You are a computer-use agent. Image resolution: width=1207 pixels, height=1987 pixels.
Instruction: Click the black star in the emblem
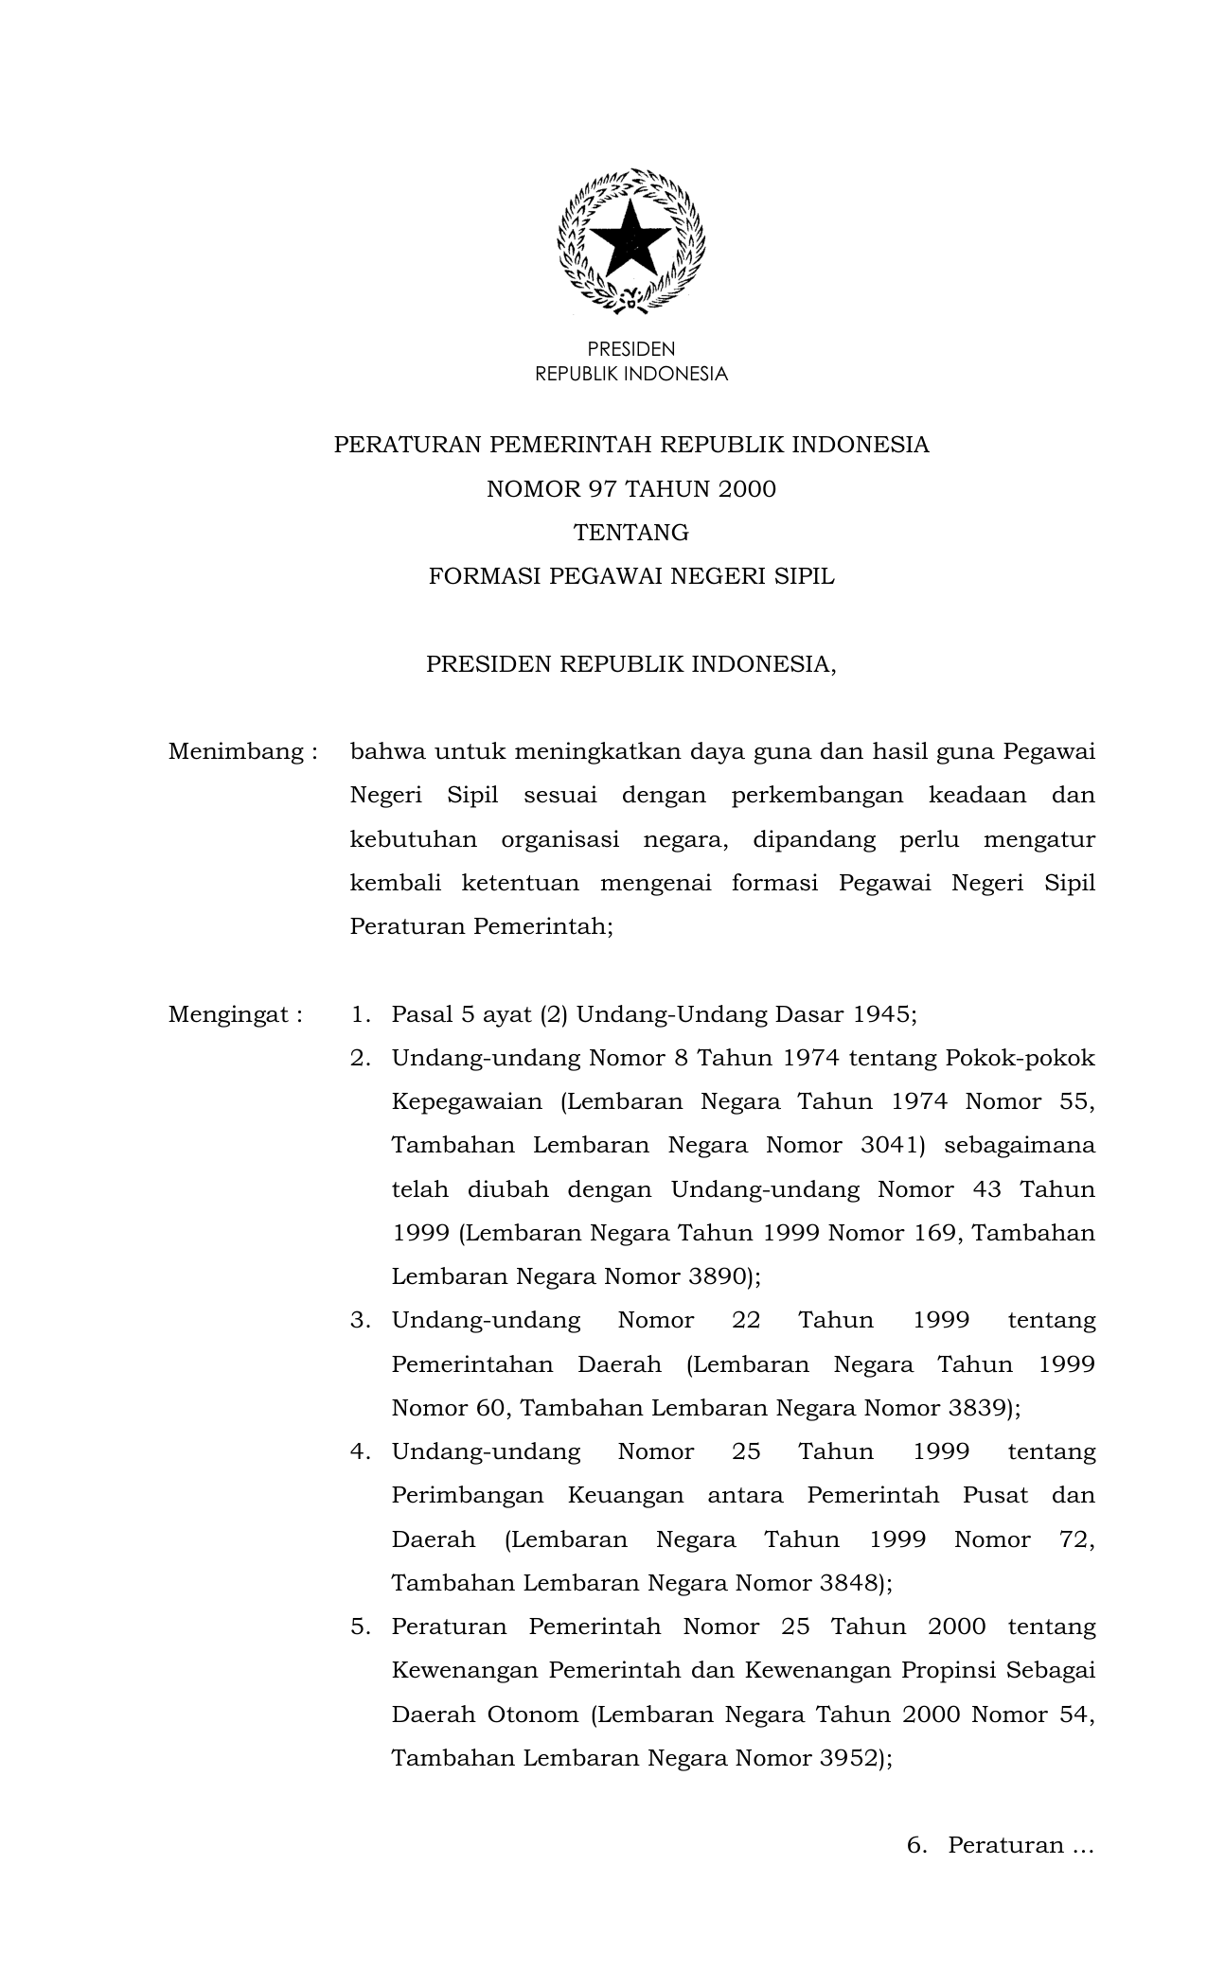(x=630, y=240)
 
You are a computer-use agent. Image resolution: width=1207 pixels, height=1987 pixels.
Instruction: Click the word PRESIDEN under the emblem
(x=630, y=350)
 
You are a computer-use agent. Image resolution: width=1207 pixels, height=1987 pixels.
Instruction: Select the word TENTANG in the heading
(x=631, y=533)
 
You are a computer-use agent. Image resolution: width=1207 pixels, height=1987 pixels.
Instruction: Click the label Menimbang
(x=236, y=752)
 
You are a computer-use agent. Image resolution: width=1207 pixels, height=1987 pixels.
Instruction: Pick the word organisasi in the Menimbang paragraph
(x=559, y=840)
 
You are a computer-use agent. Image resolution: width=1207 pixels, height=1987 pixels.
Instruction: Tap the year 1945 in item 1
(x=881, y=1015)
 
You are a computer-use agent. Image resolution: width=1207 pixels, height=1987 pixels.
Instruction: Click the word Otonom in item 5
(x=532, y=1715)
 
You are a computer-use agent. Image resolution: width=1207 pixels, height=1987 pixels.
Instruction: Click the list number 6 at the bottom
(x=914, y=1846)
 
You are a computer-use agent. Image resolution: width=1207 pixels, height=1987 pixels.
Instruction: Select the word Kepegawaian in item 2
(x=467, y=1102)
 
